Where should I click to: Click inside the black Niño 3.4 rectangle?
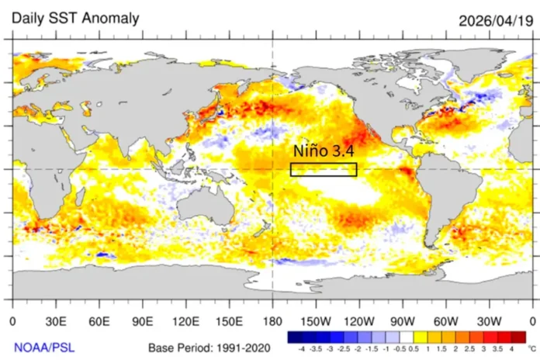tap(324, 170)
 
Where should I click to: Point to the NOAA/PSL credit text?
tap(43, 347)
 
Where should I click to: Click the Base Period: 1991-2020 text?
tap(209, 347)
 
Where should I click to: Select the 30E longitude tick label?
tap(55, 320)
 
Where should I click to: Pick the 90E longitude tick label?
tap(142, 320)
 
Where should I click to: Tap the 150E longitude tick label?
tap(229, 320)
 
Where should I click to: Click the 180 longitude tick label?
tap(272, 320)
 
